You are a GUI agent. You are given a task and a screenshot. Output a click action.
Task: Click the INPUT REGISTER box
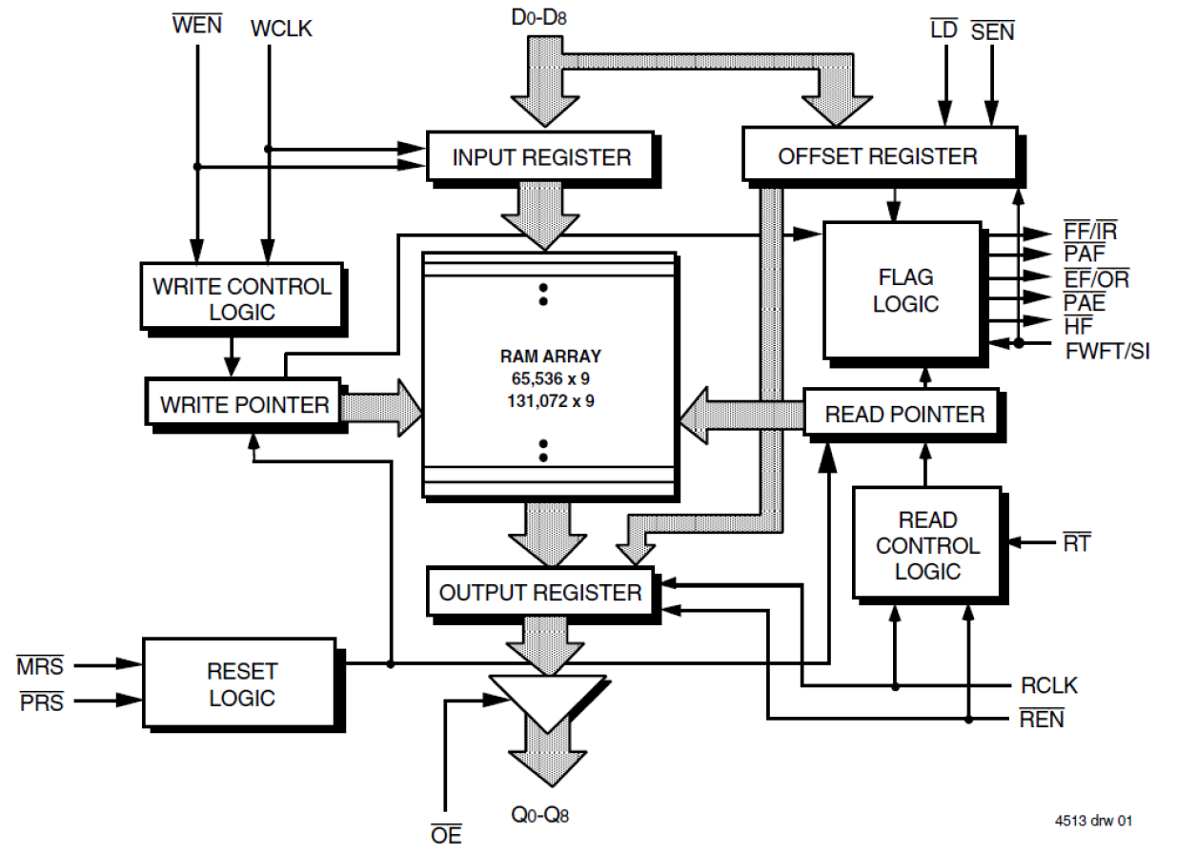point(540,157)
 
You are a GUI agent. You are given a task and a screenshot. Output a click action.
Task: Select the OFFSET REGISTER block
point(877,155)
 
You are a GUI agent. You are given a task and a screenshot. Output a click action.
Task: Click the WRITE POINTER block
point(244,403)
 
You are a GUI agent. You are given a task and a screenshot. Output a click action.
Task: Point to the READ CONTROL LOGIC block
point(926,545)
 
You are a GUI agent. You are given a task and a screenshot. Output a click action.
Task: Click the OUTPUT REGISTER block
point(539,593)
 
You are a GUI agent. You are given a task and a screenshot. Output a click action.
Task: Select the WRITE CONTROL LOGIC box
point(241,298)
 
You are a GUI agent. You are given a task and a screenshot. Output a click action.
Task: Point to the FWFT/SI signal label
point(1106,352)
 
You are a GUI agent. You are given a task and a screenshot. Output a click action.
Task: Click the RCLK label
point(1048,686)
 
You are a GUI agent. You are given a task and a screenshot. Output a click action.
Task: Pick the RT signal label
point(1077,544)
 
